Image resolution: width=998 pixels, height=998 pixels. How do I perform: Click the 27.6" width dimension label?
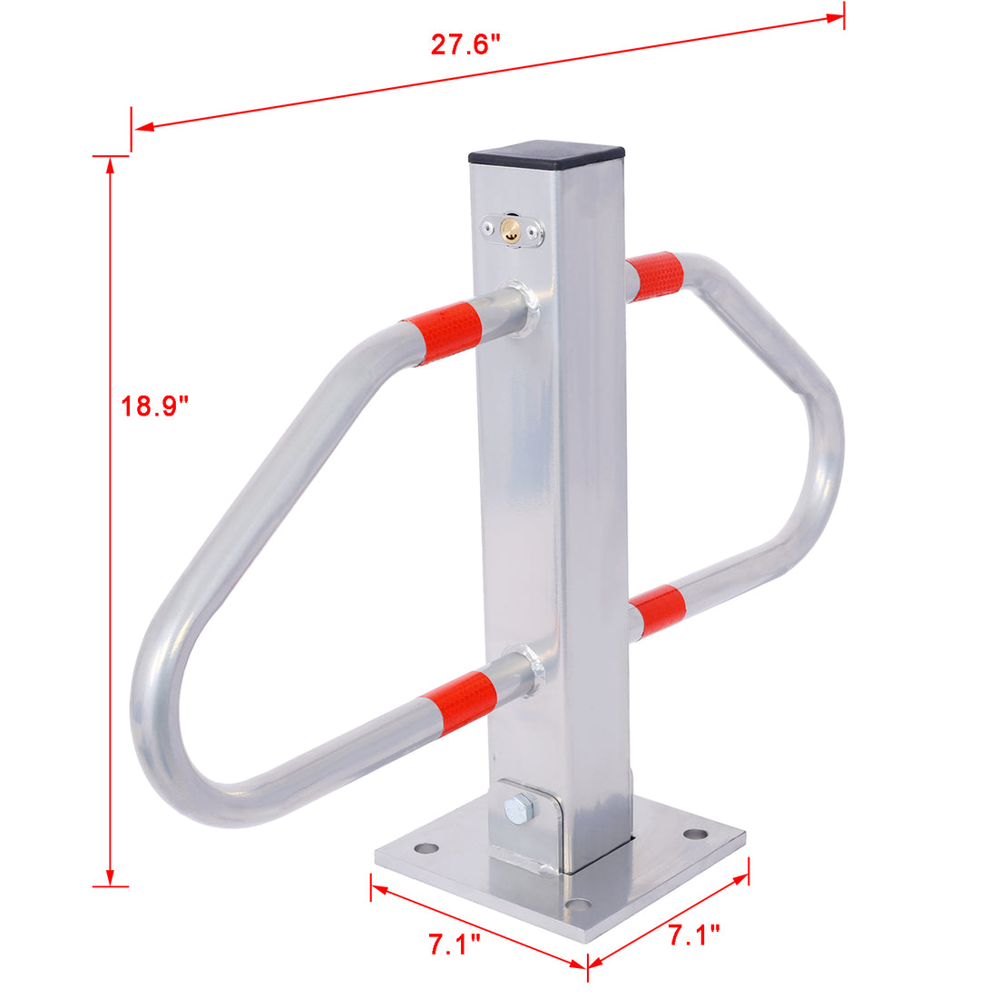465,44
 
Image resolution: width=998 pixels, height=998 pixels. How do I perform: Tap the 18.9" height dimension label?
155,406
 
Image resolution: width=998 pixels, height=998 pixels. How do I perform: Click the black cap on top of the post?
547,153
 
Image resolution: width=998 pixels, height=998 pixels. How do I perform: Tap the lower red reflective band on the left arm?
458,698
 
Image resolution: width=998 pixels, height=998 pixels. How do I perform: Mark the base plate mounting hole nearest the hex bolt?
424,849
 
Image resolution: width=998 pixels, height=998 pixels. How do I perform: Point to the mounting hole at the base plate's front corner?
575,905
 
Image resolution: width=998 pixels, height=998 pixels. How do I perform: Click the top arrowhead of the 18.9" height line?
111,164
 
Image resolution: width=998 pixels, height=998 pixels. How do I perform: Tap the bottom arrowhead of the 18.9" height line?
111,878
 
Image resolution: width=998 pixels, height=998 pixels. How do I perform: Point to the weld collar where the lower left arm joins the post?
529,670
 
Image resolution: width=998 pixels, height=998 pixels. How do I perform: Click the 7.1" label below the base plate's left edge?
455,944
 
